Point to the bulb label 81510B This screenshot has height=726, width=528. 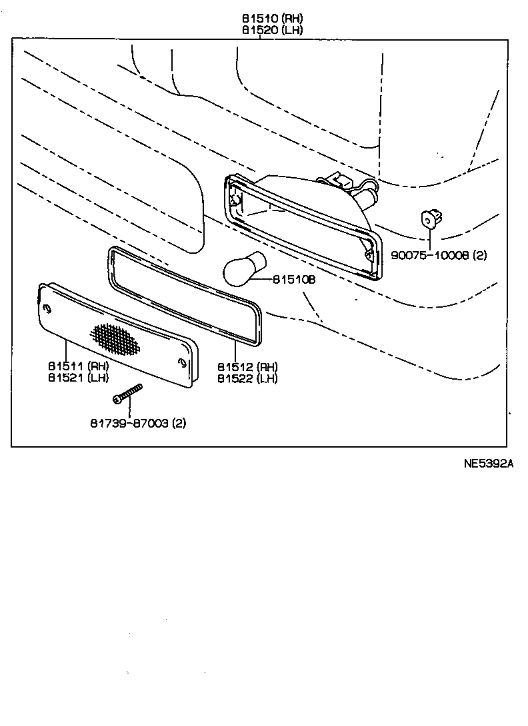(x=293, y=280)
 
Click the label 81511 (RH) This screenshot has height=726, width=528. (x=78, y=366)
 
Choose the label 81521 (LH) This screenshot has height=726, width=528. (x=78, y=378)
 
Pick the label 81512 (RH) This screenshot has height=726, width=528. (x=247, y=366)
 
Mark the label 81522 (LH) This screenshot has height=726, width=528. (x=247, y=378)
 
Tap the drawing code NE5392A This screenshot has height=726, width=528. (x=489, y=464)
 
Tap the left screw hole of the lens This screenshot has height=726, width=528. (x=47, y=308)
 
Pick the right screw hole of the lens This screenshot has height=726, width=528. (x=182, y=363)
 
